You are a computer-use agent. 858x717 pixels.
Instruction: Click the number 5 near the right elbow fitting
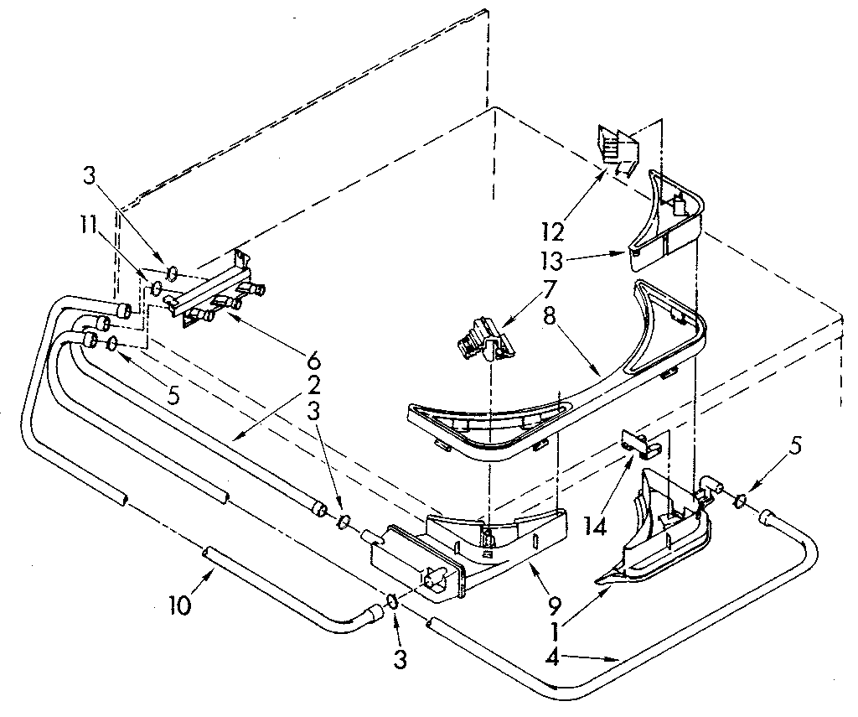point(796,446)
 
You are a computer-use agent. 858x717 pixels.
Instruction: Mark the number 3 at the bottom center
point(401,660)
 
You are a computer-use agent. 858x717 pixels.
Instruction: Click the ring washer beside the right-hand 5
point(741,501)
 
